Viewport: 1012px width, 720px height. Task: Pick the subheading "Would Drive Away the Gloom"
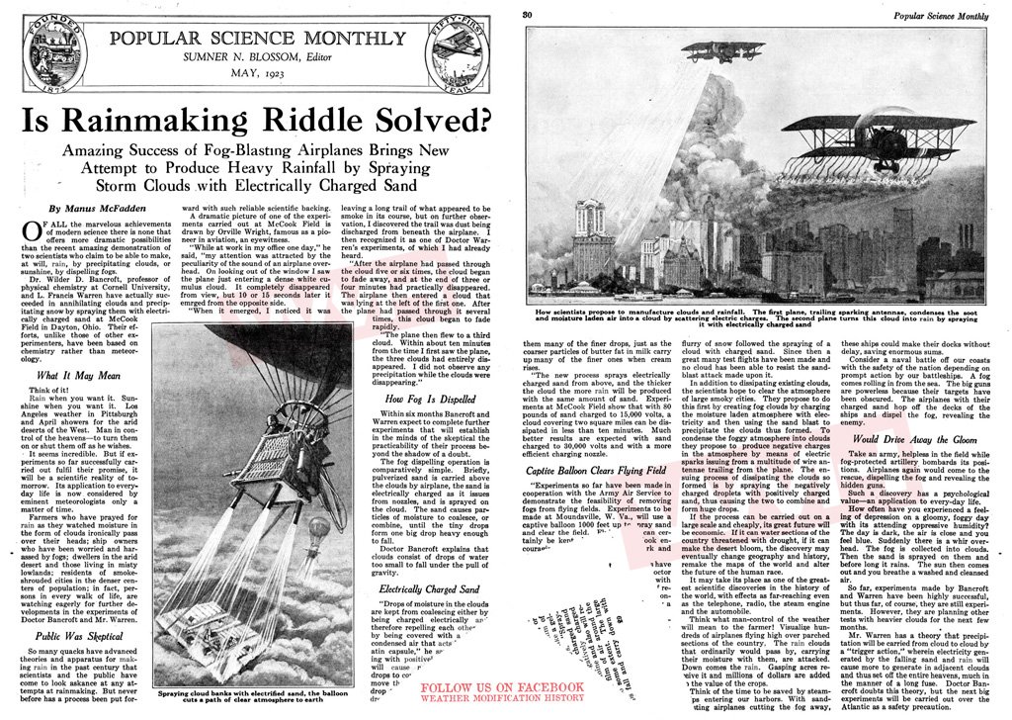pyautogui.click(x=915, y=438)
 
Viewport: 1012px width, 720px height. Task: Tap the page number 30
pyautogui.click(x=528, y=14)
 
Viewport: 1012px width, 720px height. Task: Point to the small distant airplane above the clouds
pyautogui.click(x=722, y=49)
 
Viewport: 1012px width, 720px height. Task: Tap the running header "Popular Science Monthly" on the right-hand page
pyautogui.click(x=938, y=14)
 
